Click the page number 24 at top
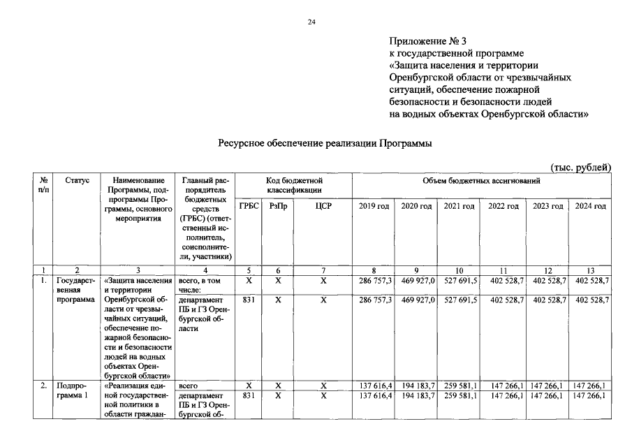[312, 22]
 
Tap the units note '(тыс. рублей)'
[581, 167]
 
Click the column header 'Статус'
[77, 180]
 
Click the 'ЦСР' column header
[323, 206]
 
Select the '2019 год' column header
[374, 206]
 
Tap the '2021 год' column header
[459, 206]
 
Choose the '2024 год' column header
[590, 206]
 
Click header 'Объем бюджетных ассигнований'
[481, 180]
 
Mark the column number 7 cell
[323, 270]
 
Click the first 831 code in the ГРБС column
[248, 299]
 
